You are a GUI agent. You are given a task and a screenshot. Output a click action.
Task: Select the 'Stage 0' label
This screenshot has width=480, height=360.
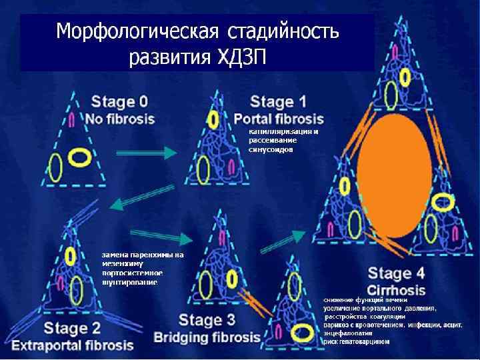[119, 103]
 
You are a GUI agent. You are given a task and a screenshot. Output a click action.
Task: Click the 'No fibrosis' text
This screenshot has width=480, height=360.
[120, 119]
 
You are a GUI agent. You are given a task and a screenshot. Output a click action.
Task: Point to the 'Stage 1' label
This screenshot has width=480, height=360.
[278, 102]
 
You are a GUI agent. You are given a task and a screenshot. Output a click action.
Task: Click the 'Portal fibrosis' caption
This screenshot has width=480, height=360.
[279, 119]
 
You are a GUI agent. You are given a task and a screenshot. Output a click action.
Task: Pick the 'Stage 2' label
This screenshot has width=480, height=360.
[72, 328]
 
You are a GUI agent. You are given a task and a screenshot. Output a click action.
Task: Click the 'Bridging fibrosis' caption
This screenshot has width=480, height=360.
[207, 337]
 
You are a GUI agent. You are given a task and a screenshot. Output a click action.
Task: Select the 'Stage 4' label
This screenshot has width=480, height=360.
[396, 273]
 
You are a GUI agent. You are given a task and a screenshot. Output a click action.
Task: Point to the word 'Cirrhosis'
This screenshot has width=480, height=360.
[396, 290]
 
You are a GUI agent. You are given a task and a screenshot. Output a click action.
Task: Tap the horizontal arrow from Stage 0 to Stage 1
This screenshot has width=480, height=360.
[147, 153]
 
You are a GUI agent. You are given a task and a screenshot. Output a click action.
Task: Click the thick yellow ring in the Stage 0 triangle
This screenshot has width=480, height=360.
[80, 157]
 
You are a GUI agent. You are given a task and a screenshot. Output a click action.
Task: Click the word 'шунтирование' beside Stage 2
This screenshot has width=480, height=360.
[130, 282]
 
